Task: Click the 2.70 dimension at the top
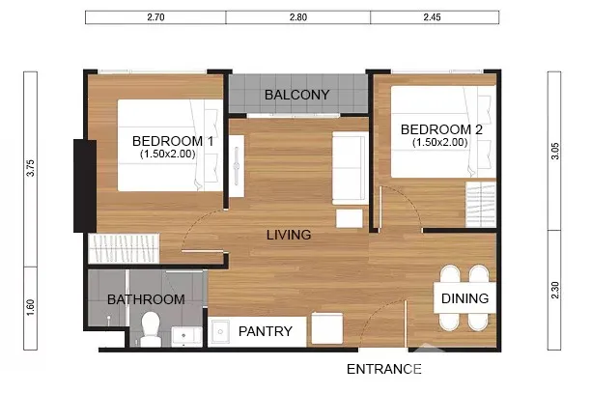tap(155, 17)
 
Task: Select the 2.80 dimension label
tap(298, 17)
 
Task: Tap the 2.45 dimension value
tap(432, 17)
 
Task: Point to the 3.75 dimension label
tap(31, 168)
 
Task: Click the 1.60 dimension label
tap(31, 308)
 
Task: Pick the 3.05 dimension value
tap(555, 152)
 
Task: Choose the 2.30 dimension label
tap(555, 290)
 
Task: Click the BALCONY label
tap(297, 95)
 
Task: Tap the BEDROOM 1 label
tap(173, 141)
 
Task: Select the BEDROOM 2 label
tap(441, 129)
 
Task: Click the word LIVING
tap(289, 235)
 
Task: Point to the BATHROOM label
tap(146, 299)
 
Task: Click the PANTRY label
tap(266, 331)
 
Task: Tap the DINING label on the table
tap(464, 298)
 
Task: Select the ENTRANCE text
tap(384, 369)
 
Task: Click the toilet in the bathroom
tap(151, 329)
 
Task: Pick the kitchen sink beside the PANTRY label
tap(220, 332)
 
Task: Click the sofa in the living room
tap(350, 168)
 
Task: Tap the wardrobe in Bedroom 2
tap(481, 205)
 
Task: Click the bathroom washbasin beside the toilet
tap(187, 336)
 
